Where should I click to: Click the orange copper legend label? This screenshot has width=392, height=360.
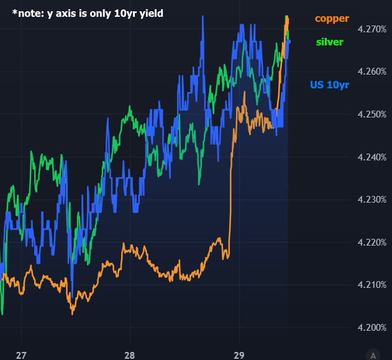point(332,19)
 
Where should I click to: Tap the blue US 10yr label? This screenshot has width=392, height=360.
point(329,85)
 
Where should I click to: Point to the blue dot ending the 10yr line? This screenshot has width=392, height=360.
point(288,42)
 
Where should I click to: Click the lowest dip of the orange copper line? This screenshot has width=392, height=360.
point(72,313)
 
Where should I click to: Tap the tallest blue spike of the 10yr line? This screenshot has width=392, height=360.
point(203,17)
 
